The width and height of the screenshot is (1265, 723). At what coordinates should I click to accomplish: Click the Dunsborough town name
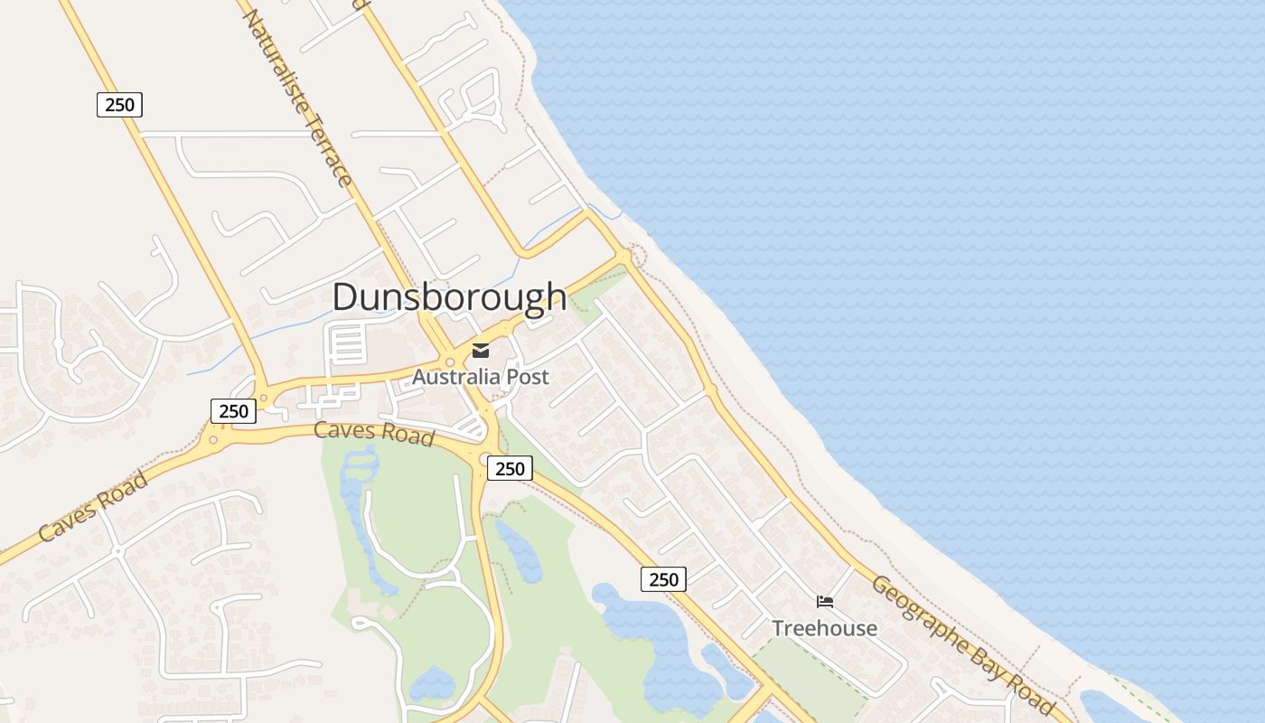click(449, 297)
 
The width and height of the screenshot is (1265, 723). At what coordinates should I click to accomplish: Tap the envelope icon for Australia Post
click(481, 351)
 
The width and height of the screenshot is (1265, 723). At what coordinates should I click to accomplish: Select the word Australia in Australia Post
click(454, 377)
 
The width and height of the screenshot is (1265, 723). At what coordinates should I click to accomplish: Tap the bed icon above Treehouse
click(824, 602)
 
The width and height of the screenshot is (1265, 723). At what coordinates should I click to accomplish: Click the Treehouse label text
click(824, 628)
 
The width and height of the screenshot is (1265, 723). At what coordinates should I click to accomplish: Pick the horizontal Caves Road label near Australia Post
click(374, 433)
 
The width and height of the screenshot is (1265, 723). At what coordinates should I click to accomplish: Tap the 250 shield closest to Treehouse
click(663, 579)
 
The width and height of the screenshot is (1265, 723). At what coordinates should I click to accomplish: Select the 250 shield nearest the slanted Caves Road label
click(233, 411)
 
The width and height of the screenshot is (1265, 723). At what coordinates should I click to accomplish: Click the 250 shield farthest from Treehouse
click(119, 105)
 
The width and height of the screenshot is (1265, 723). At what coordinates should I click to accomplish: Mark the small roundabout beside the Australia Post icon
click(449, 361)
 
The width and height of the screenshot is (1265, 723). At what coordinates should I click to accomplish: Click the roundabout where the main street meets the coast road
click(623, 258)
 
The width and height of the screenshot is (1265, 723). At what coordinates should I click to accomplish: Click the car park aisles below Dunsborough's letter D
click(349, 344)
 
